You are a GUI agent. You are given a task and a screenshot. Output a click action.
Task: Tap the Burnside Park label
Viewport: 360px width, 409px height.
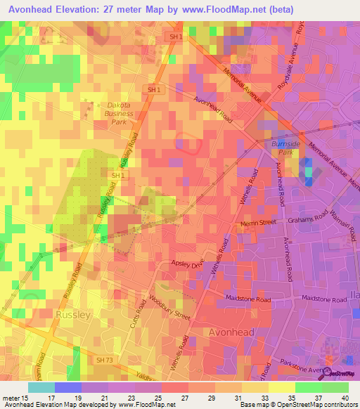(x=285, y=148)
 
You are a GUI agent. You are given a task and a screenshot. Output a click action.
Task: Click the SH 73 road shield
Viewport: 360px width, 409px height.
(x=105, y=360)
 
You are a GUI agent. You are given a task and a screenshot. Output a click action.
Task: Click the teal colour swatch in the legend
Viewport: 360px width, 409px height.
(x=41, y=387)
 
